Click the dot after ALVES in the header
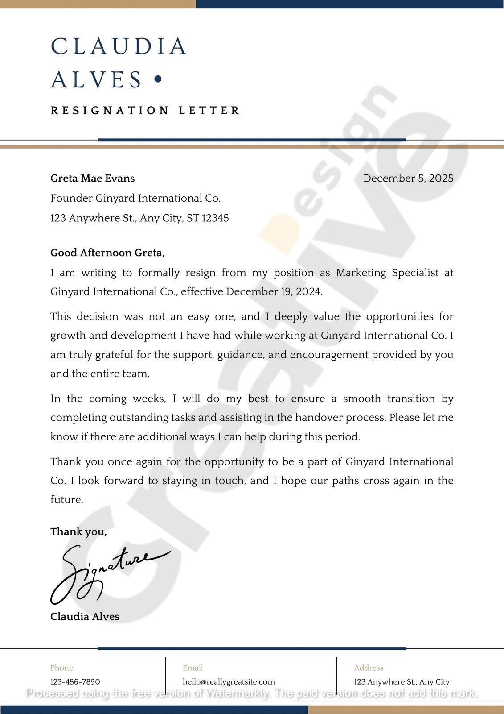click(157, 79)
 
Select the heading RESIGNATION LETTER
click(145, 110)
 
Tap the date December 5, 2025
click(408, 178)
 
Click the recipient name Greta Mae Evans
click(92, 178)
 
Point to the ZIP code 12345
click(215, 218)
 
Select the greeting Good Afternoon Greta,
click(107, 253)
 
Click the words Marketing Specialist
click(387, 273)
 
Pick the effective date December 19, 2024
click(274, 292)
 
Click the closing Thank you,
click(78, 532)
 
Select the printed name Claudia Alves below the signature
click(85, 617)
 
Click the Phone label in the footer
click(61, 668)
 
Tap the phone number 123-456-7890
click(75, 682)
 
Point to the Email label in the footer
click(193, 668)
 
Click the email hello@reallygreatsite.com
click(229, 682)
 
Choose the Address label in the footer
click(369, 668)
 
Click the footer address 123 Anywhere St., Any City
click(402, 682)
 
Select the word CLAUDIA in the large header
click(119, 46)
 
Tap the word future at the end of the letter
click(66, 500)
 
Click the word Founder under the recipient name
click(71, 199)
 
